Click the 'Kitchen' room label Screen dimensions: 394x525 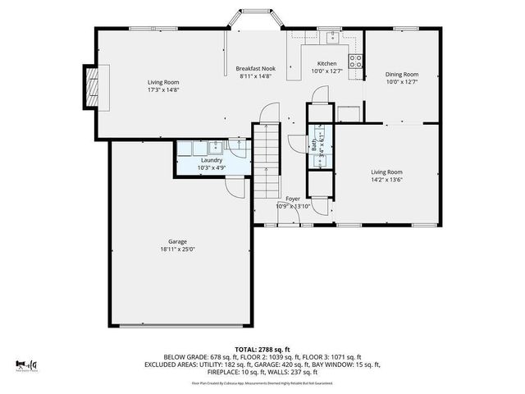(x=326, y=63)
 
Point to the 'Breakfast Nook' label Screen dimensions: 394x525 (x=255, y=68)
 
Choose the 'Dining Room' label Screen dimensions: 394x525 (x=401, y=74)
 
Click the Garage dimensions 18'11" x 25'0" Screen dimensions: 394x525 (x=176, y=250)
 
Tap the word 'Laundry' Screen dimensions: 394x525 (x=212, y=160)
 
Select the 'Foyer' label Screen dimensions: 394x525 (x=293, y=199)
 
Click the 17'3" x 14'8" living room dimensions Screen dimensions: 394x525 (x=162, y=90)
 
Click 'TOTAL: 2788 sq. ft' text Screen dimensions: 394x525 (x=262, y=349)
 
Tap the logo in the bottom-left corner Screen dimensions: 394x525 (x=26, y=363)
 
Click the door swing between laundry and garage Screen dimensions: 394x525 (x=236, y=186)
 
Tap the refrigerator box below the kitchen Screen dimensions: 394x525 (x=349, y=112)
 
